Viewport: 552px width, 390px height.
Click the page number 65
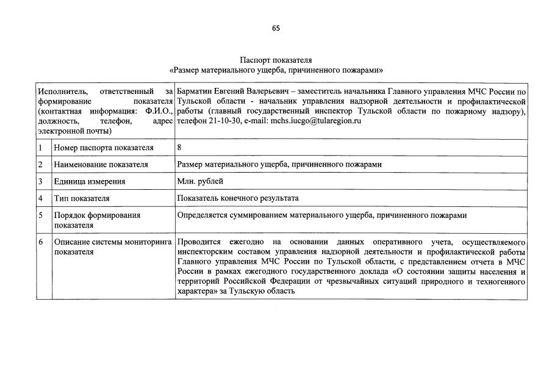click(276, 28)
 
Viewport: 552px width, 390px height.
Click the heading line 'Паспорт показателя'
click(276, 60)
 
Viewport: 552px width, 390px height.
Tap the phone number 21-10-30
click(222, 121)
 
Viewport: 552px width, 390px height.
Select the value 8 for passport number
click(179, 148)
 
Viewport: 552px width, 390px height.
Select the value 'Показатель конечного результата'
click(238, 198)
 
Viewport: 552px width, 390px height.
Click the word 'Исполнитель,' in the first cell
click(61, 91)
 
